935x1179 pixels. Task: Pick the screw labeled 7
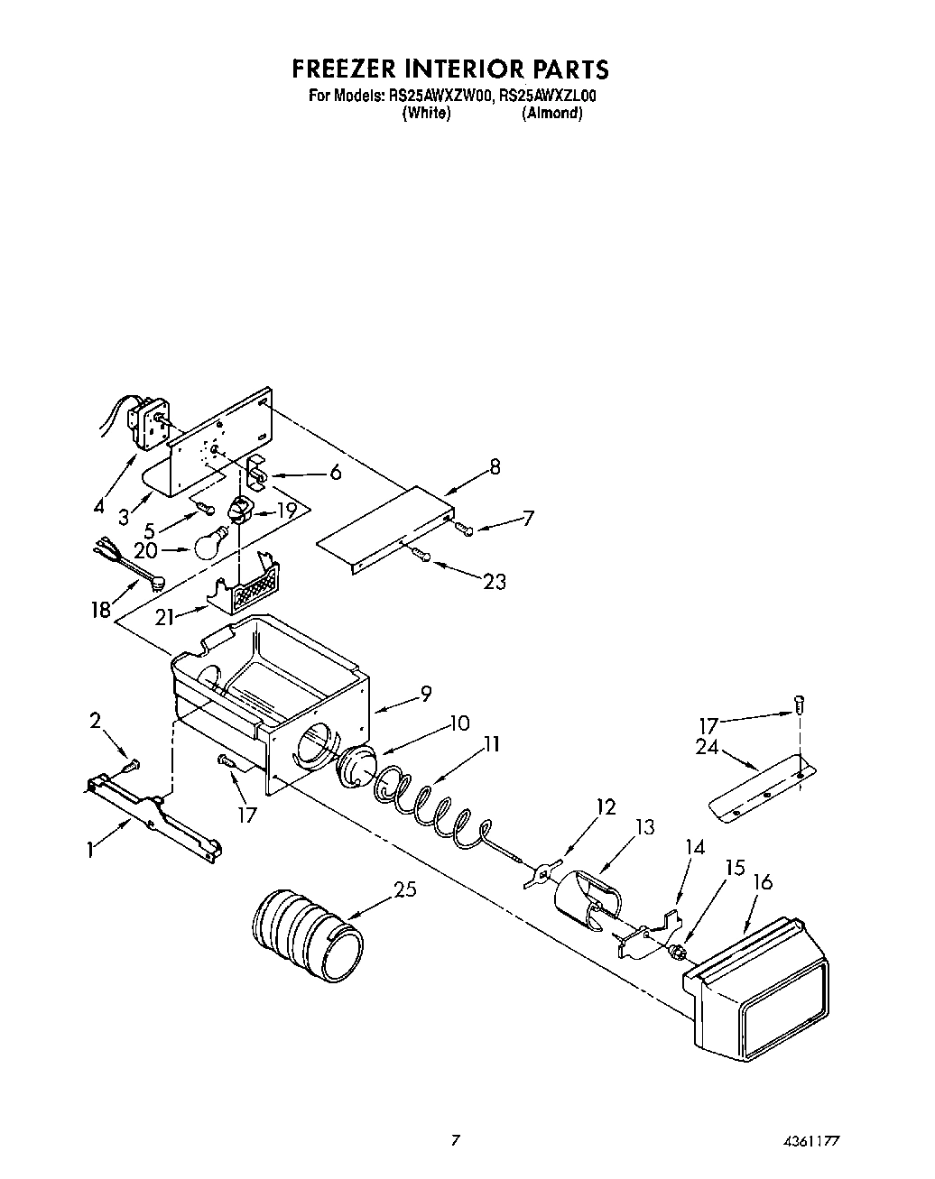pos(464,528)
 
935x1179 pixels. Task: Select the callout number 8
pos(495,467)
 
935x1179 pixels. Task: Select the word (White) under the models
pos(427,114)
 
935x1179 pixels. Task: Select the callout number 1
pos(90,850)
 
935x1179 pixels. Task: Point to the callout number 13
pos(644,827)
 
